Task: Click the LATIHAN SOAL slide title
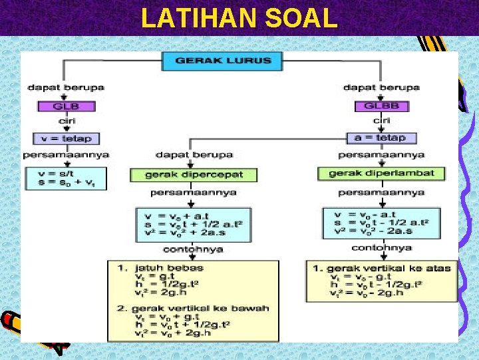[x=239, y=18]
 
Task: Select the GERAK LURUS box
[x=222, y=61]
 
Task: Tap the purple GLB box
[x=66, y=105]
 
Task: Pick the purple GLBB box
[x=381, y=105]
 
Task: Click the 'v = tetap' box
[x=66, y=139]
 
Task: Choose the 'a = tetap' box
[x=381, y=138]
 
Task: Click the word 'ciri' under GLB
[x=66, y=121]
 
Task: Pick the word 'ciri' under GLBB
[x=381, y=121]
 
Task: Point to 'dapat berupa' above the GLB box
[x=66, y=87]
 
